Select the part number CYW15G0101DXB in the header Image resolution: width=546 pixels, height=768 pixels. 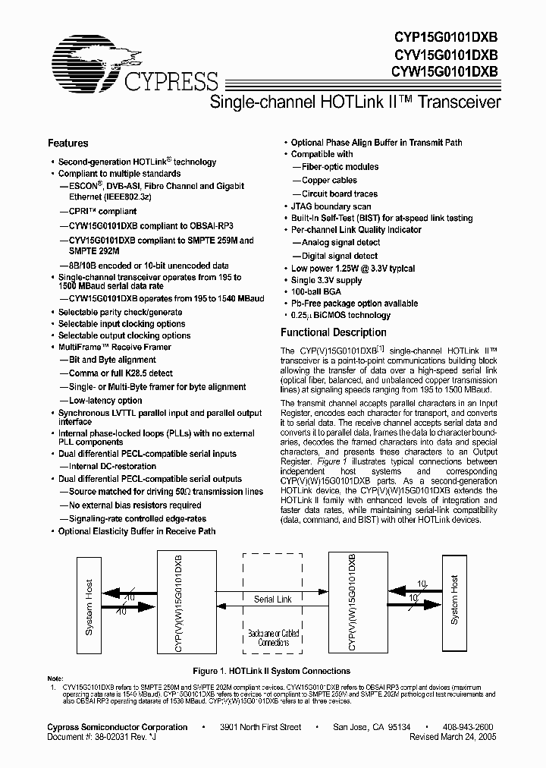coord(445,72)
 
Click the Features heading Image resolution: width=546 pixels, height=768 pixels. coord(68,143)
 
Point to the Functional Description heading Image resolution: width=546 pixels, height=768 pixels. coord(334,332)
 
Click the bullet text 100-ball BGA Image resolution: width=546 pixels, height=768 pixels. coord(318,292)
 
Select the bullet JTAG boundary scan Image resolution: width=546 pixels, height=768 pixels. coord(331,206)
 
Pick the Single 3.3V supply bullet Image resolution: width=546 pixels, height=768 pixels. coord(327,281)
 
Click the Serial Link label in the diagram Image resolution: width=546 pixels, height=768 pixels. coord(273,600)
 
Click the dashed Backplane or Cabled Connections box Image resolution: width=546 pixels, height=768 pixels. coord(273,608)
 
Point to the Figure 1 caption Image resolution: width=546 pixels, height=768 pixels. coord(272,671)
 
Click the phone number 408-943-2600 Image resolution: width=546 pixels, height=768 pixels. coord(467,727)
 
